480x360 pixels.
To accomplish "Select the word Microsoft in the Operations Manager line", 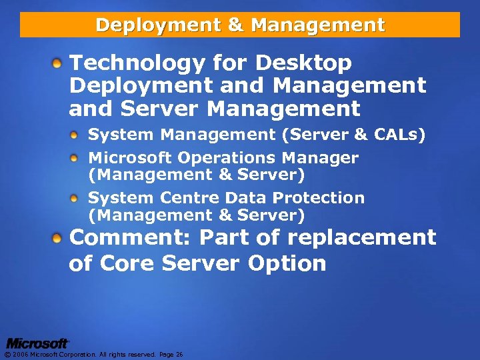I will point(129,158).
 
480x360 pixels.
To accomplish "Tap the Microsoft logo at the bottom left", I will point(37,343).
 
